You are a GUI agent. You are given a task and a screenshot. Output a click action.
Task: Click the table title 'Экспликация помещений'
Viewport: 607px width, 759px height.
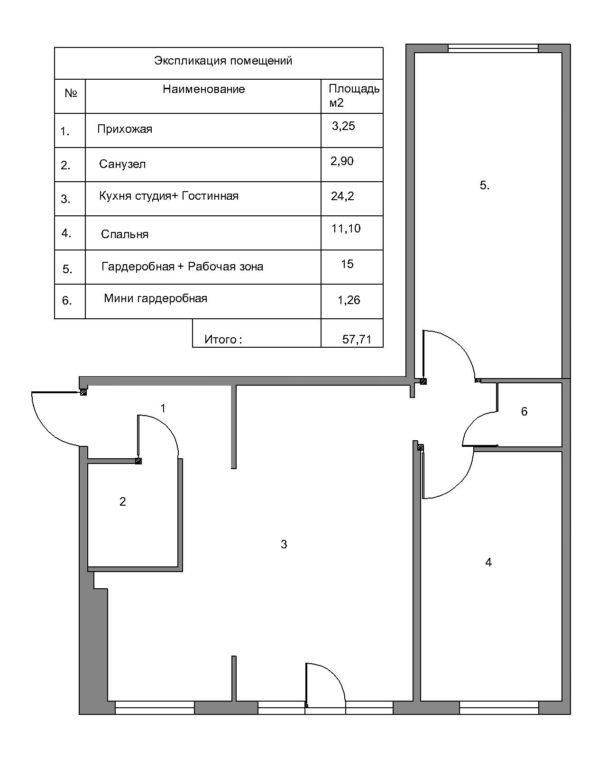click(223, 61)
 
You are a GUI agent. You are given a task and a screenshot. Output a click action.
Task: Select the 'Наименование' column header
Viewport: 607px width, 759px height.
click(204, 89)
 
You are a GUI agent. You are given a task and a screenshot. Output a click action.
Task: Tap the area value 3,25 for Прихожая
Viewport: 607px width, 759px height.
click(343, 126)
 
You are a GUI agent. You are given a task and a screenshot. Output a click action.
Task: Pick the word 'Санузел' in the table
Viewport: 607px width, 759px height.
click(122, 164)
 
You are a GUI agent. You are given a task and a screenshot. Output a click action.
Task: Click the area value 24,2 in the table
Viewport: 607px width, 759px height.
click(342, 196)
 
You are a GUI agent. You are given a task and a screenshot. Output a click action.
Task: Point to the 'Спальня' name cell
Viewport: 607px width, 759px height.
click(125, 234)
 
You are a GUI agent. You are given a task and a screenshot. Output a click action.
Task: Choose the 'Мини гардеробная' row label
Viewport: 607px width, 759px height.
click(156, 299)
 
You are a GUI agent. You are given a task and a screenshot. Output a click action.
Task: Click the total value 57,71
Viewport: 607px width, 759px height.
click(357, 339)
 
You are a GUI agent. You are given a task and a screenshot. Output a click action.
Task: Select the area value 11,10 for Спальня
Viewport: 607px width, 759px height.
click(346, 229)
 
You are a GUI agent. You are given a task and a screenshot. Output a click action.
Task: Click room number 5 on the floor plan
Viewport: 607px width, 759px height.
click(485, 185)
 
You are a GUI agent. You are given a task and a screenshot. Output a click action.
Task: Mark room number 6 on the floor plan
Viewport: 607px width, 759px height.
click(524, 411)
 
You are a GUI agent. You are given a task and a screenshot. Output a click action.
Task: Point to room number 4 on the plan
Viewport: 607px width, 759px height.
click(488, 562)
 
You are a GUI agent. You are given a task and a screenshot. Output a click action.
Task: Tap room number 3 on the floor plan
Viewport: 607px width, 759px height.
click(284, 544)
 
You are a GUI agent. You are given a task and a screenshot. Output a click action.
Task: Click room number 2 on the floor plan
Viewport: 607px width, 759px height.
click(122, 501)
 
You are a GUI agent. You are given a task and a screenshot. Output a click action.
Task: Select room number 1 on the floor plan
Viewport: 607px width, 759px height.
click(163, 408)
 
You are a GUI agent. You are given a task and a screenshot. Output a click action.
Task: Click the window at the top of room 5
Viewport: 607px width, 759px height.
click(493, 48)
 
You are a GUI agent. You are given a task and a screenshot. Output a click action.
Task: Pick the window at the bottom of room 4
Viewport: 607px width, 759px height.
click(499, 707)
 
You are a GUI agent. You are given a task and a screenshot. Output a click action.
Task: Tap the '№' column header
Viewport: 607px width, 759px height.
click(71, 93)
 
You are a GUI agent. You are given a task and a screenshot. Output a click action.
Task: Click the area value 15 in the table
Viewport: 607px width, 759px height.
click(347, 264)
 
